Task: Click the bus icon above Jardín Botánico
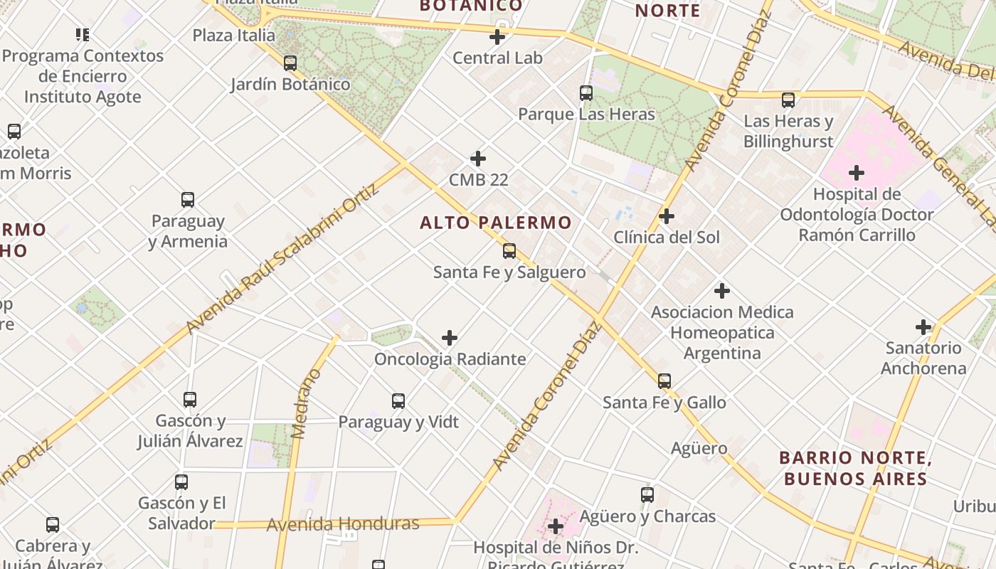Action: (x=290, y=63)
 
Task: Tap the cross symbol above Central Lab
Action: (x=497, y=37)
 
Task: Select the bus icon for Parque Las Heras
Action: (x=586, y=92)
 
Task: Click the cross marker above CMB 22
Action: (x=478, y=158)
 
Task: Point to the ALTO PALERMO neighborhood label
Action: (x=495, y=223)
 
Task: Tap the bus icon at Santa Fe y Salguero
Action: (x=509, y=250)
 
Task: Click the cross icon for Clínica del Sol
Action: (x=667, y=216)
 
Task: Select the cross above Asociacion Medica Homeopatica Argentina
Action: (x=722, y=290)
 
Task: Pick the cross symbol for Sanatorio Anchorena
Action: (x=923, y=327)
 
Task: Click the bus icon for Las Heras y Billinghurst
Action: (x=788, y=100)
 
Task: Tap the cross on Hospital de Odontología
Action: (x=857, y=172)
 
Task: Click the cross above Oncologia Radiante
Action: (x=450, y=337)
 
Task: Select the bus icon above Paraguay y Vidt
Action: (x=398, y=400)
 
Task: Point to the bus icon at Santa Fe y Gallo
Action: (x=664, y=381)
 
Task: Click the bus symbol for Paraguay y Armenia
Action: (x=187, y=199)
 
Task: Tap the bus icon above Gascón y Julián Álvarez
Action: (x=189, y=399)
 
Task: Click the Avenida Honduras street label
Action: (x=343, y=525)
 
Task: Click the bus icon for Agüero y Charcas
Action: (x=647, y=494)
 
